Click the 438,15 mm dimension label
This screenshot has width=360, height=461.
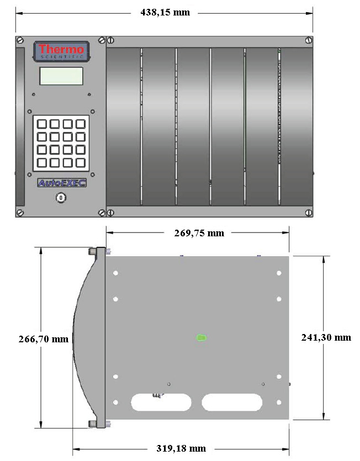click(165, 13)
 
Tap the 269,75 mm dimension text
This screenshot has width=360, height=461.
click(199, 233)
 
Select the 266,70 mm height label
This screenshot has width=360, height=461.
click(44, 339)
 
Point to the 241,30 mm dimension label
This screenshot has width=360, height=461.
click(326, 337)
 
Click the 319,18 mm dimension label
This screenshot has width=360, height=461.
click(181, 448)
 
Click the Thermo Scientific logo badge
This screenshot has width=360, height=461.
click(61, 51)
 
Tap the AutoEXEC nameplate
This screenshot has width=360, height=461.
click(62, 183)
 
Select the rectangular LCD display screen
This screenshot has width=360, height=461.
click(61, 76)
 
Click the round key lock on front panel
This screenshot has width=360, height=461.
click(61, 198)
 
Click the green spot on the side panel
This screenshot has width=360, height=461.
click(202, 337)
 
